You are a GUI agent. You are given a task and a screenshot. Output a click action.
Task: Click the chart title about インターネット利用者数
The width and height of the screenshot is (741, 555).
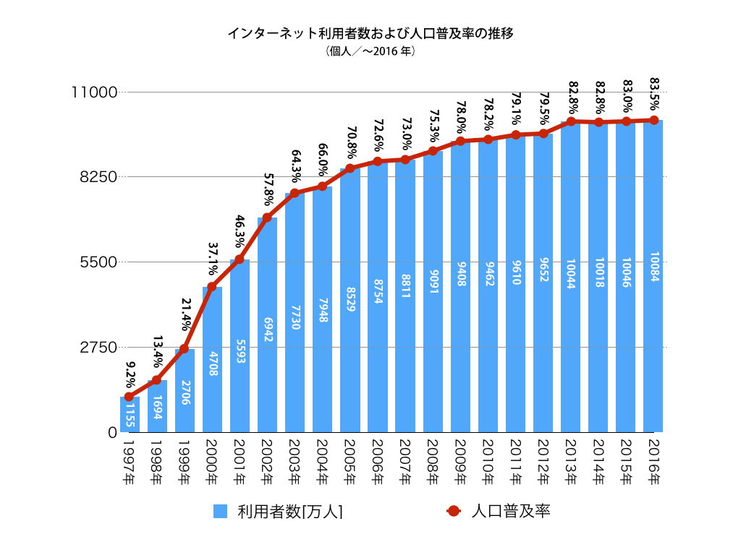tap(370, 33)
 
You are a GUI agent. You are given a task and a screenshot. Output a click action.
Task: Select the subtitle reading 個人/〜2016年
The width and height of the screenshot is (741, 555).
tap(370, 52)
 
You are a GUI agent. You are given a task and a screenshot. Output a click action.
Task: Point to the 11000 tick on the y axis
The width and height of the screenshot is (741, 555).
tap(93, 92)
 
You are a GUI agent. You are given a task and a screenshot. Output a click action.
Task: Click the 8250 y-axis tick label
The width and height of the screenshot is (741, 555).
tap(97, 177)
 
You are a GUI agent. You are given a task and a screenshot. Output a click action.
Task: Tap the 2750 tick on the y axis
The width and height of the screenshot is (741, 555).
tap(97, 347)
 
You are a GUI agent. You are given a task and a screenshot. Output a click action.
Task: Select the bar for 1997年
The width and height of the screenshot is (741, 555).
tap(130, 414)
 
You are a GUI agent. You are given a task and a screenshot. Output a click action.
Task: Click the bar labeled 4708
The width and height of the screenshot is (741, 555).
tap(212, 359)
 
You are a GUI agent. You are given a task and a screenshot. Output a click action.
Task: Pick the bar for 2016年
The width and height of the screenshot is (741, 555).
tap(653, 276)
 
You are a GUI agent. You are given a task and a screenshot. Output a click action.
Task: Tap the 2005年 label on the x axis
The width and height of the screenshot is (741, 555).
tap(350, 462)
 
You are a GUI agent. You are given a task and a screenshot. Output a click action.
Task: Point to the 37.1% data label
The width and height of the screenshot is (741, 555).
tap(213, 259)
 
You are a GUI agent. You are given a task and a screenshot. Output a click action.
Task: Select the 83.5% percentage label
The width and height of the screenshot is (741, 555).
tap(653, 92)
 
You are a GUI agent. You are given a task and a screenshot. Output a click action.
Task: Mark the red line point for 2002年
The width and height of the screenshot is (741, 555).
tap(267, 218)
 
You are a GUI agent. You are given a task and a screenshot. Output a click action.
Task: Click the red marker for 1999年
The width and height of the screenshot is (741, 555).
tap(185, 349)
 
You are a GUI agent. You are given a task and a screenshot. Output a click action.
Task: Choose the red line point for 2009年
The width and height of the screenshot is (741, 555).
tap(460, 142)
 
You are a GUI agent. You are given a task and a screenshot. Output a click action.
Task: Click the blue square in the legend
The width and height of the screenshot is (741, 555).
tap(221, 512)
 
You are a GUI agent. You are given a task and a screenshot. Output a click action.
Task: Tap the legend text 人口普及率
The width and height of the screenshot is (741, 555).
tap(511, 512)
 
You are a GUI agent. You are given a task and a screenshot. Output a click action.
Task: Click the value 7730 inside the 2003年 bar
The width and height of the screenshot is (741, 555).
tap(295, 316)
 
